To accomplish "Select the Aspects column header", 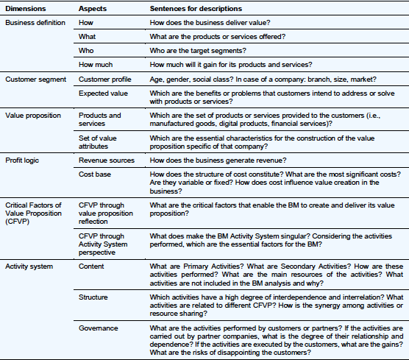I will pyautogui.click(x=94, y=8).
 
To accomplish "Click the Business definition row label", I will pyautogui.click(x=35, y=24).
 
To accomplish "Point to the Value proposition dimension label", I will pyautogui.click(x=32, y=116).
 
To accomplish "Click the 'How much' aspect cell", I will pyautogui.click(x=95, y=64).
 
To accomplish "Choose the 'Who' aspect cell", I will pyautogui.click(x=86, y=51).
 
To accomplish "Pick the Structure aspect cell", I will pyautogui.click(x=94, y=296).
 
